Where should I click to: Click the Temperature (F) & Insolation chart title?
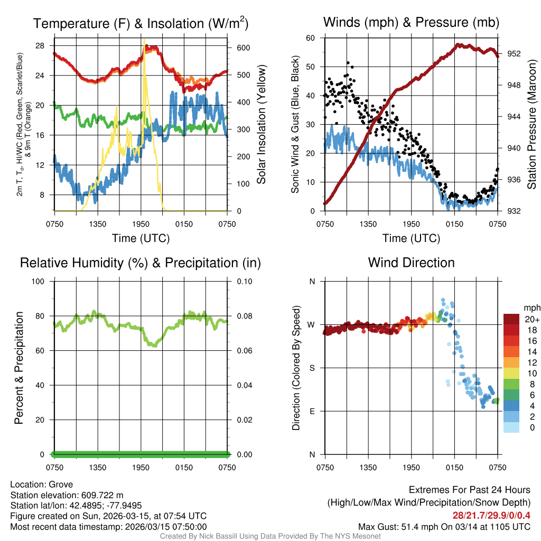coord(141,23)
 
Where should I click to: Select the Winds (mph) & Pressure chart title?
coord(411,22)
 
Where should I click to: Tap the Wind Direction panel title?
coord(411,262)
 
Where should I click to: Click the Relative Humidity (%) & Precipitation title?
coord(140,263)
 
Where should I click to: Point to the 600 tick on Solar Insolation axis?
coord(244,48)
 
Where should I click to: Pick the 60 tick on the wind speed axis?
coord(310,38)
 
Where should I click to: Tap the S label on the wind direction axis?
coord(312,368)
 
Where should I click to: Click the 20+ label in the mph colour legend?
coord(532,320)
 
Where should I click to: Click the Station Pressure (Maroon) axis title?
coord(532,124)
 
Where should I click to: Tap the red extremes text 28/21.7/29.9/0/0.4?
coord(491,515)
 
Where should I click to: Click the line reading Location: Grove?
coord(42,484)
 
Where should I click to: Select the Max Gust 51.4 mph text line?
coord(444,526)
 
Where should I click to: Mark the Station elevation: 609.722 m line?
coord(67,495)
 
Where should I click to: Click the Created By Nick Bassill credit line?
coord(270,536)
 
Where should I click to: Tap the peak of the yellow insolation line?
coord(144,39)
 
